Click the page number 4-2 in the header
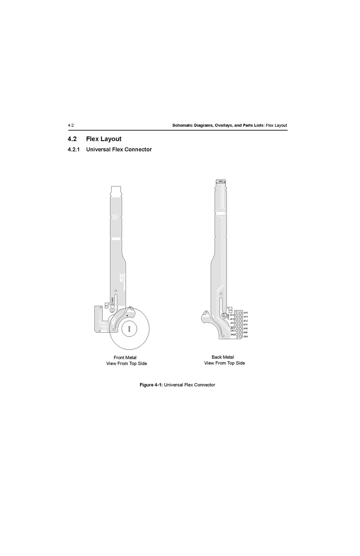[71, 125]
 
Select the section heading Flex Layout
[103, 139]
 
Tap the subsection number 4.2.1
[73, 150]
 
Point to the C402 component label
[113, 300]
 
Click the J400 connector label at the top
[220, 181]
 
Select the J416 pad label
[245, 313]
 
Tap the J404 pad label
[245, 336]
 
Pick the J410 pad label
[245, 324]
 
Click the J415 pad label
[232, 315]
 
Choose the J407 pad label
[232, 331]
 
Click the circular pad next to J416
[241, 313]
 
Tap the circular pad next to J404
[241, 336]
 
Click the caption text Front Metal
[125, 357]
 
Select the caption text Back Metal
[223, 357]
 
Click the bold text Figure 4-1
[151, 385]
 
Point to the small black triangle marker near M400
[127, 316]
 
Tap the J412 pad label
[245, 321]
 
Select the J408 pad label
[245, 328]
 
